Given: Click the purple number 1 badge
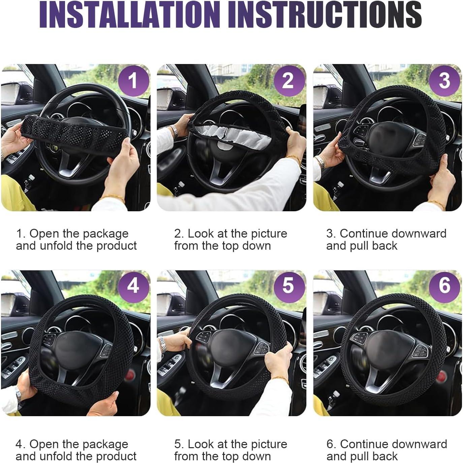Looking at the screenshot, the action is click(x=133, y=81).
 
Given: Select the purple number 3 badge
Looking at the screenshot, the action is click(x=444, y=81).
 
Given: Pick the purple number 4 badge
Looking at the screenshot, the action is click(x=133, y=287).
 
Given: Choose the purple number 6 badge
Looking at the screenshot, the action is click(x=444, y=287).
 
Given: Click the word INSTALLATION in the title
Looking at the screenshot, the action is click(x=130, y=14).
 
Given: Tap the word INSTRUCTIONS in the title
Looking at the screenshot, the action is click(x=325, y=14).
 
